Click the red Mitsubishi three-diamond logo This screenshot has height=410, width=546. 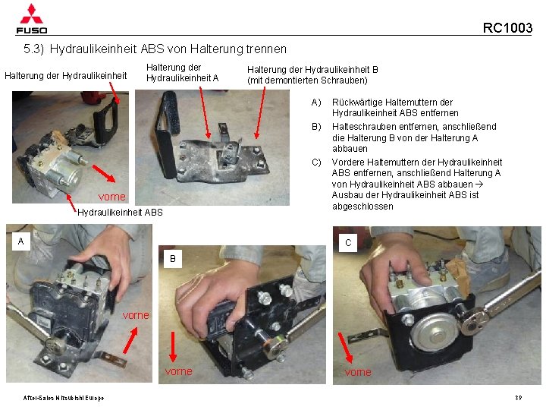(31, 14)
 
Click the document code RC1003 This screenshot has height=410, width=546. (507, 28)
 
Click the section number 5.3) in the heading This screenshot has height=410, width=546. (34, 49)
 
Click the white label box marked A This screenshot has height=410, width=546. (21, 241)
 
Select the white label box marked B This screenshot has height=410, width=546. (173, 259)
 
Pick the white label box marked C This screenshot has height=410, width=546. (348, 243)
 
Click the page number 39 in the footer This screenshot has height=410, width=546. (519, 398)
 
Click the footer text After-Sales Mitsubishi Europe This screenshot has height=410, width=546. (64, 398)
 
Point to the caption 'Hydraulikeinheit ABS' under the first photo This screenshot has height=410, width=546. (120, 213)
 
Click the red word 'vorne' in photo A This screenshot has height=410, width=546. (136, 315)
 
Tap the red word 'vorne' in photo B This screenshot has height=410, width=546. (179, 371)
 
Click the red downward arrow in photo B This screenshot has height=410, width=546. (173, 346)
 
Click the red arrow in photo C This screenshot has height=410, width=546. (346, 348)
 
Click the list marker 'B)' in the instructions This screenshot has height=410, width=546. (316, 127)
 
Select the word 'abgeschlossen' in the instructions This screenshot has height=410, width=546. (362, 207)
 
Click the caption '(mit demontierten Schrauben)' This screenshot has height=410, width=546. (307, 80)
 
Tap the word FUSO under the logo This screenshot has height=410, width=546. (31, 30)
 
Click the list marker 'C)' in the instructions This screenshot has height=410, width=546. (316, 162)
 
